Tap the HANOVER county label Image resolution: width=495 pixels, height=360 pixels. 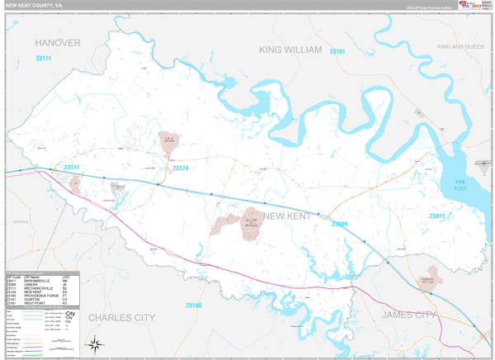point(58,41)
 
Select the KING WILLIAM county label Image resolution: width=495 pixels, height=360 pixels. point(290,50)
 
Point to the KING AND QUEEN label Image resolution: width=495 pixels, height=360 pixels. point(460,47)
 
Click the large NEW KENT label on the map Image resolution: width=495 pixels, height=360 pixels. point(287,216)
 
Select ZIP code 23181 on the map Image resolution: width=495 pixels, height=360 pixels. point(337,52)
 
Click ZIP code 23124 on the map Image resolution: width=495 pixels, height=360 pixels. point(181,168)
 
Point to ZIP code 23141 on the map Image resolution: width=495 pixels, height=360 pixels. point(72,168)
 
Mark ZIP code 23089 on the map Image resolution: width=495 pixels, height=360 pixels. point(339,224)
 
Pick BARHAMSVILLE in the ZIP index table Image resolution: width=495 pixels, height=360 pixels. point(38,281)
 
